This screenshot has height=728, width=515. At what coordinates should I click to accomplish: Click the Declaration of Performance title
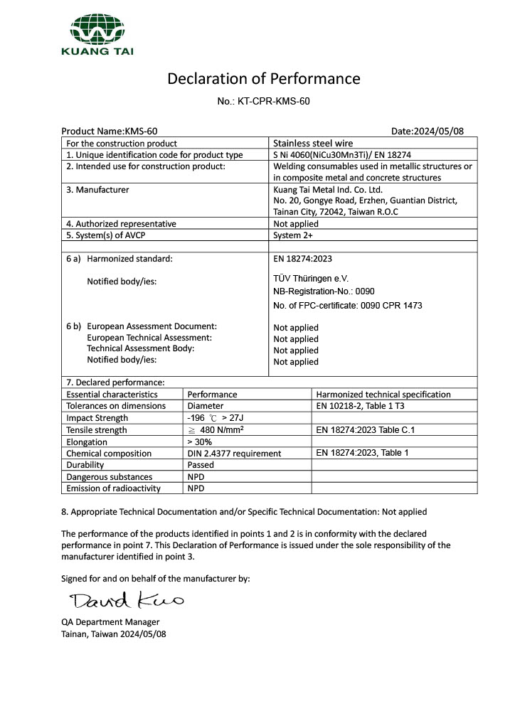263,78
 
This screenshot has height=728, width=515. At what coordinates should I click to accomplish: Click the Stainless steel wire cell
313,143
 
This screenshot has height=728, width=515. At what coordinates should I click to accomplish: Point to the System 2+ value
293,235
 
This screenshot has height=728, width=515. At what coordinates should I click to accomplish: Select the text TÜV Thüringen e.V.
311,279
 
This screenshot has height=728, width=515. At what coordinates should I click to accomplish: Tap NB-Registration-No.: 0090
324,292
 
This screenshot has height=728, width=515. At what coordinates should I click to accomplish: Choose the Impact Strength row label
97,418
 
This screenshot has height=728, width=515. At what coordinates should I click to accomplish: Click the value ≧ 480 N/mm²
221,430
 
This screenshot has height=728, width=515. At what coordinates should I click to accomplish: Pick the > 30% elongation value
201,441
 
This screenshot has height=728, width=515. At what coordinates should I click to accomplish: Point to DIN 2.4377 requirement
234,453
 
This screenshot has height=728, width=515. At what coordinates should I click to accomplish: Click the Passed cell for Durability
201,465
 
